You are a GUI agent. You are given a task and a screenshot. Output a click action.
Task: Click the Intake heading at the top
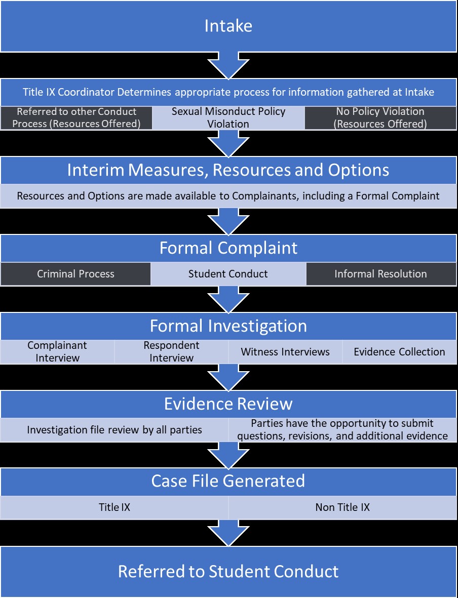click(x=228, y=26)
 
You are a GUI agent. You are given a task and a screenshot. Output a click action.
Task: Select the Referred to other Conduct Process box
click(x=77, y=117)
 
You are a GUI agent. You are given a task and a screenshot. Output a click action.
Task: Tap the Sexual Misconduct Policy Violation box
click(x=228, y=117)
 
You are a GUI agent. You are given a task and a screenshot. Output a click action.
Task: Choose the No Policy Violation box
click(x=380, y=117)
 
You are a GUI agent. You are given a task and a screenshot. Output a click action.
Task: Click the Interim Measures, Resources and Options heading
click(x=228, y=170)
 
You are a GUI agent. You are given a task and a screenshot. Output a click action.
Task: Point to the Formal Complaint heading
click(x=228, y=248)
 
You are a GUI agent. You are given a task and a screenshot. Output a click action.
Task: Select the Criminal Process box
click(x=76, y=274)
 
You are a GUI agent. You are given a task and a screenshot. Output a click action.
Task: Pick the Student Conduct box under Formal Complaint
click(x=228, y=274)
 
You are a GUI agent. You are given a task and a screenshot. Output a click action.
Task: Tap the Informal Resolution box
click(x=380, y=274)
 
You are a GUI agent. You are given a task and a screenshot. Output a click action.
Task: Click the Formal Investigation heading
click(x=228, y=326)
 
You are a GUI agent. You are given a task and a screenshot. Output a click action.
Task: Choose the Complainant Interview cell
click(x=57, y=351)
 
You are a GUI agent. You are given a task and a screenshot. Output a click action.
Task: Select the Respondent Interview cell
click(x=171, y=351)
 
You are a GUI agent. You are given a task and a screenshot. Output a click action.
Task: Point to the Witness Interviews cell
click(x=285, y=351)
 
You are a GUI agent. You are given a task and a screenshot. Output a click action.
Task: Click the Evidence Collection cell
click(x=399, y=351)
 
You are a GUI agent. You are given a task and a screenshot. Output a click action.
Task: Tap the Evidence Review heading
click(x=228, y=404)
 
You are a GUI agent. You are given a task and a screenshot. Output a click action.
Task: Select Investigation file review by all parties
click(x=114, y=430)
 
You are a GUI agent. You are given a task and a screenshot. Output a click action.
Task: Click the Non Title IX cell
click(x=342, y=507)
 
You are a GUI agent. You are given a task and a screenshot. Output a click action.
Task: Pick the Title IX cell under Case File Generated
click(x=114, y=507)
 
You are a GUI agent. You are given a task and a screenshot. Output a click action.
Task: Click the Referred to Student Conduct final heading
click(x=228, y=571)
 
